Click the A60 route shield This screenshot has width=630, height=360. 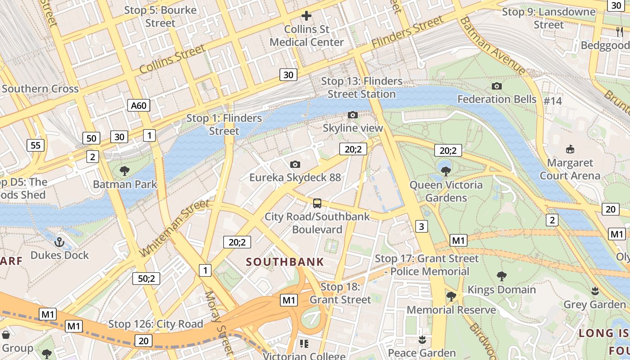139,105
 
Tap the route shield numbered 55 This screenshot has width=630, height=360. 36,145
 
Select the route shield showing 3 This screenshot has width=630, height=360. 421,226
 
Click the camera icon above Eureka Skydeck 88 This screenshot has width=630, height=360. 295,164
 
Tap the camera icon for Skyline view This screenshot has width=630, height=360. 353,115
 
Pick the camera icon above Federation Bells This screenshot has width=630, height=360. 497,86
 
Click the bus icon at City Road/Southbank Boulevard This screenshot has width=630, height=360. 317,203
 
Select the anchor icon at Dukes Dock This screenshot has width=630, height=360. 59,243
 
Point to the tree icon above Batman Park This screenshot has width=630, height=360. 125,171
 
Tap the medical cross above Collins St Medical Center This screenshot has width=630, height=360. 306,16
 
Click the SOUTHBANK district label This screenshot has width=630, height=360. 285,262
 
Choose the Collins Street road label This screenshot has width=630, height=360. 172,59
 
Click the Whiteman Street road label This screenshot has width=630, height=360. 175,229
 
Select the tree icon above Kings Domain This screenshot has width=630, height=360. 502,276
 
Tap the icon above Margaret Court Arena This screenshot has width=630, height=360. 570,149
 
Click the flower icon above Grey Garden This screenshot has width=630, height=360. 595,291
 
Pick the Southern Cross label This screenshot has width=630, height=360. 40,89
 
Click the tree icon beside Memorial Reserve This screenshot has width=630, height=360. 451,296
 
